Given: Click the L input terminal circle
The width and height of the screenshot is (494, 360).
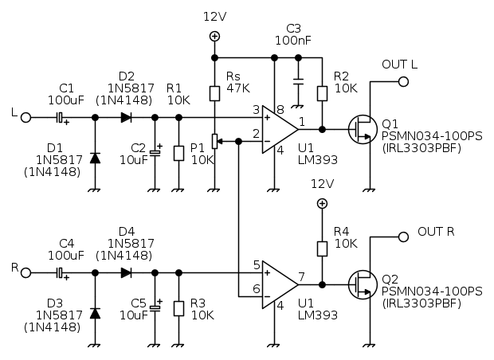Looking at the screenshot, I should tap(26, 117).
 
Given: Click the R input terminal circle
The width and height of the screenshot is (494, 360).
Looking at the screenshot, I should tap(26, 273).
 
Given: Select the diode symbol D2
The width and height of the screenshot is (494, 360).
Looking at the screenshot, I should tap(126, 117).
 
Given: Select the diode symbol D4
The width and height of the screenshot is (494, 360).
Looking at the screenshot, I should tap(126, 273).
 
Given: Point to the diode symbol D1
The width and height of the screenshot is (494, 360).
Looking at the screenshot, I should tap(96, 157).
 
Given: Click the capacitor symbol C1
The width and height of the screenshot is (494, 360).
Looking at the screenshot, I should tap(61, 117).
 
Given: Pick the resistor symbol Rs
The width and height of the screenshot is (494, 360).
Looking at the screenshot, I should tap(214, 94).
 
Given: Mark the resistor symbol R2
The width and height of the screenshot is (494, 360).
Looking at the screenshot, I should tap(322, 93).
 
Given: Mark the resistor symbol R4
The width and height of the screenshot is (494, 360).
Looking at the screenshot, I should tap(322, 249).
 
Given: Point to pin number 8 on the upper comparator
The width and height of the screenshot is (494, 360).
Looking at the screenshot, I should tap(280, 110).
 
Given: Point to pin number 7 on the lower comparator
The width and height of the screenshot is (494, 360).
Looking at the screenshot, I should tap(302, 278).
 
